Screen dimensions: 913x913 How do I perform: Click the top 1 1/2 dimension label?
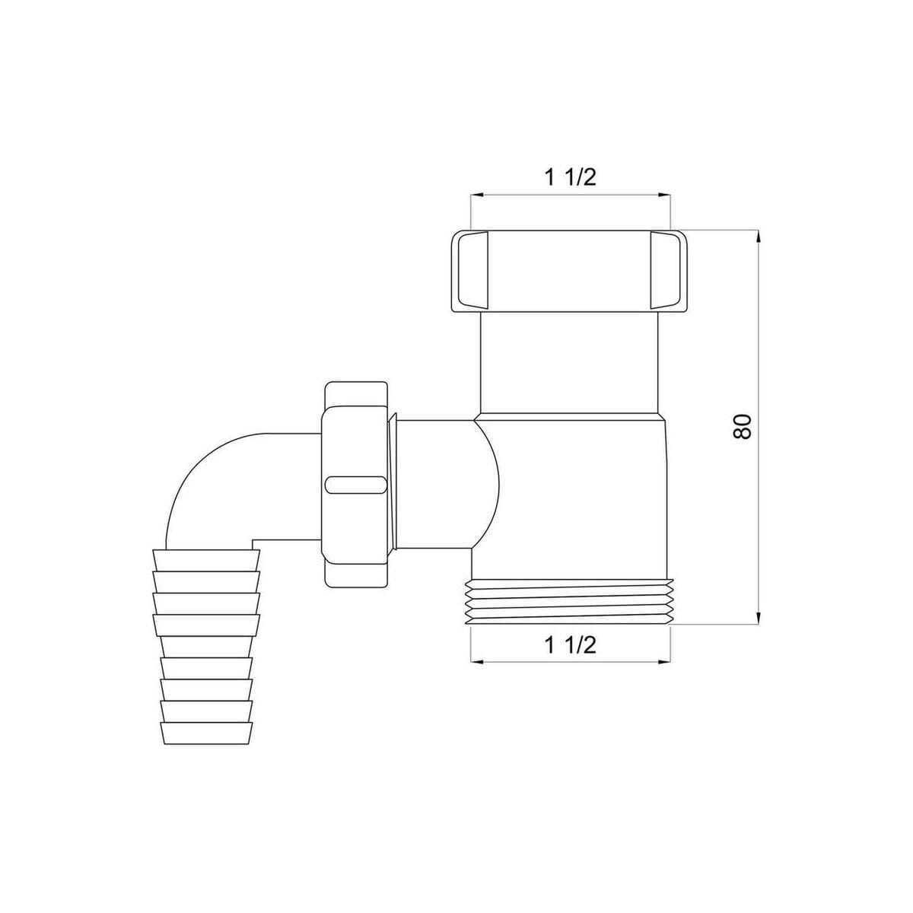(570, 177)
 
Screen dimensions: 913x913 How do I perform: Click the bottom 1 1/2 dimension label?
(570, 645)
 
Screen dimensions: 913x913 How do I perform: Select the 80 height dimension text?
(743, 426)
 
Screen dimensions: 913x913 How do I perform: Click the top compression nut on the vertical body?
(570, 269)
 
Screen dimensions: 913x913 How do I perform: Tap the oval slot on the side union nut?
(355, 485)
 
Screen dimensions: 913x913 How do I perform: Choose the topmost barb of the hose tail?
(206, 560)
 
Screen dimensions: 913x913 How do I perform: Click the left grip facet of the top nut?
(469, 269)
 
